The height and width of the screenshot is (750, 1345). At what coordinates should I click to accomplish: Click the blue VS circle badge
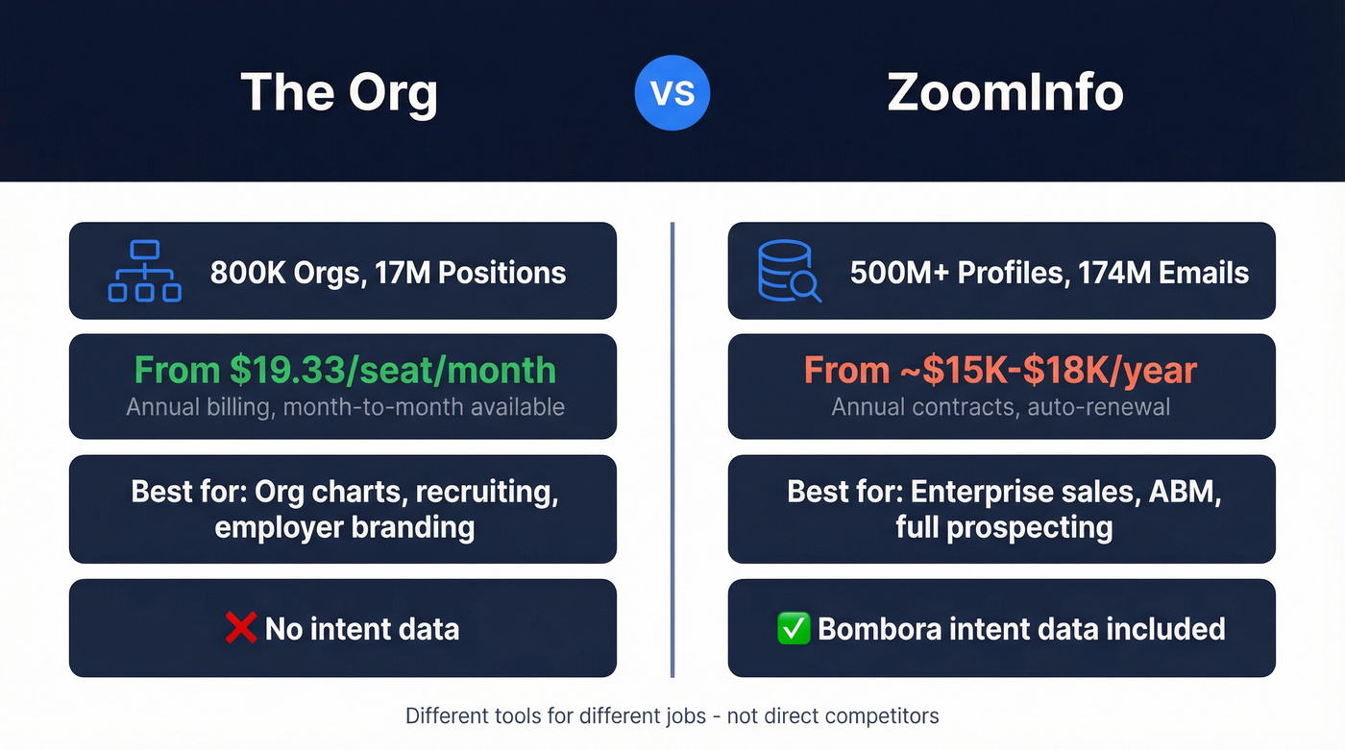672,93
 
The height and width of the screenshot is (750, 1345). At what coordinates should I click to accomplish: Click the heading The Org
339,93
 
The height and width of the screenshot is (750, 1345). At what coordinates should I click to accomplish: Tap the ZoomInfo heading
1005,93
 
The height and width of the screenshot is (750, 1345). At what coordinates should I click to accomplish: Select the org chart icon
144,271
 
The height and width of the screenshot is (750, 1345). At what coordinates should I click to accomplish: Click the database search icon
789,271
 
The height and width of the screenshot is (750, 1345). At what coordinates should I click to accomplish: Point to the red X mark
240,628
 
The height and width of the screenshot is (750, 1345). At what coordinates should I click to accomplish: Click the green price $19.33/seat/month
343,371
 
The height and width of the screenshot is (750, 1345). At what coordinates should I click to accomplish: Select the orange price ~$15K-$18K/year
1001,371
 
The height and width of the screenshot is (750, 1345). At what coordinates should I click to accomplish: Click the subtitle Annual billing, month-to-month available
345,406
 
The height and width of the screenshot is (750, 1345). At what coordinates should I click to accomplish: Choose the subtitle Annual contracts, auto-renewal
1001,406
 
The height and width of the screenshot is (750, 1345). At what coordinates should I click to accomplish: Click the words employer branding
344,527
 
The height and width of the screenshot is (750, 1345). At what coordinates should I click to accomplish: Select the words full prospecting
1004,527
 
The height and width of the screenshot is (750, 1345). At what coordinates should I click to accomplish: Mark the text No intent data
362,629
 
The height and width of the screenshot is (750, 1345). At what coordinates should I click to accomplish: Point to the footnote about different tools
672,715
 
